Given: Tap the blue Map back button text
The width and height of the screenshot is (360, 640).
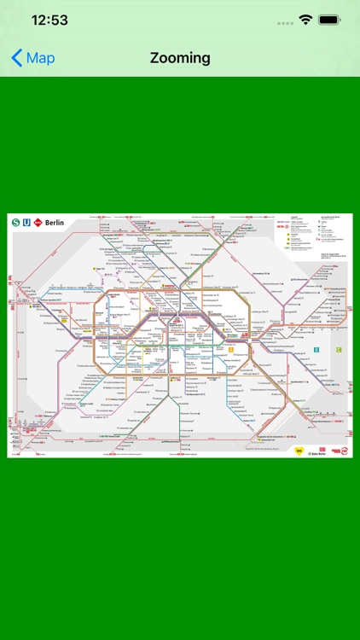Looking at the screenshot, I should click(x=40, y=58).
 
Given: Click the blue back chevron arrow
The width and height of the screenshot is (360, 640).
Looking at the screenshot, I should click(x=17, y=58).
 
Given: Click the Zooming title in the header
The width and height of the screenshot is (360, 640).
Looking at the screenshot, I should click(x=180, y=58).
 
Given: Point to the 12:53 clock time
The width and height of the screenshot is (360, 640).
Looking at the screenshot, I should click(x=50, y=20).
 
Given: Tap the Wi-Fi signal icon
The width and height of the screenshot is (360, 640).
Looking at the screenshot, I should click(x=305, y=20).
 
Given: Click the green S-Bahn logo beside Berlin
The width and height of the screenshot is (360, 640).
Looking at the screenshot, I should click(x=16, y=222).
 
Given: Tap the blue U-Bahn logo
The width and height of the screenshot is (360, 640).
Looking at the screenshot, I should click(x=27, y=222).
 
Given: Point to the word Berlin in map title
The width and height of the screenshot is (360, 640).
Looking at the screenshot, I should click(x=55, y=222).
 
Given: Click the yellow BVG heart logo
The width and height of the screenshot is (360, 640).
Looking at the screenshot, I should click(x=299, y=450).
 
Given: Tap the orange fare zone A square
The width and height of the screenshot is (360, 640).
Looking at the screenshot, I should click(x=230, y=349).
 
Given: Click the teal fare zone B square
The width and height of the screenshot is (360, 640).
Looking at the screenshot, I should click(x=316, y=349).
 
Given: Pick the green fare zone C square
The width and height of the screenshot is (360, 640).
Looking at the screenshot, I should click(x=339, y=349).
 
